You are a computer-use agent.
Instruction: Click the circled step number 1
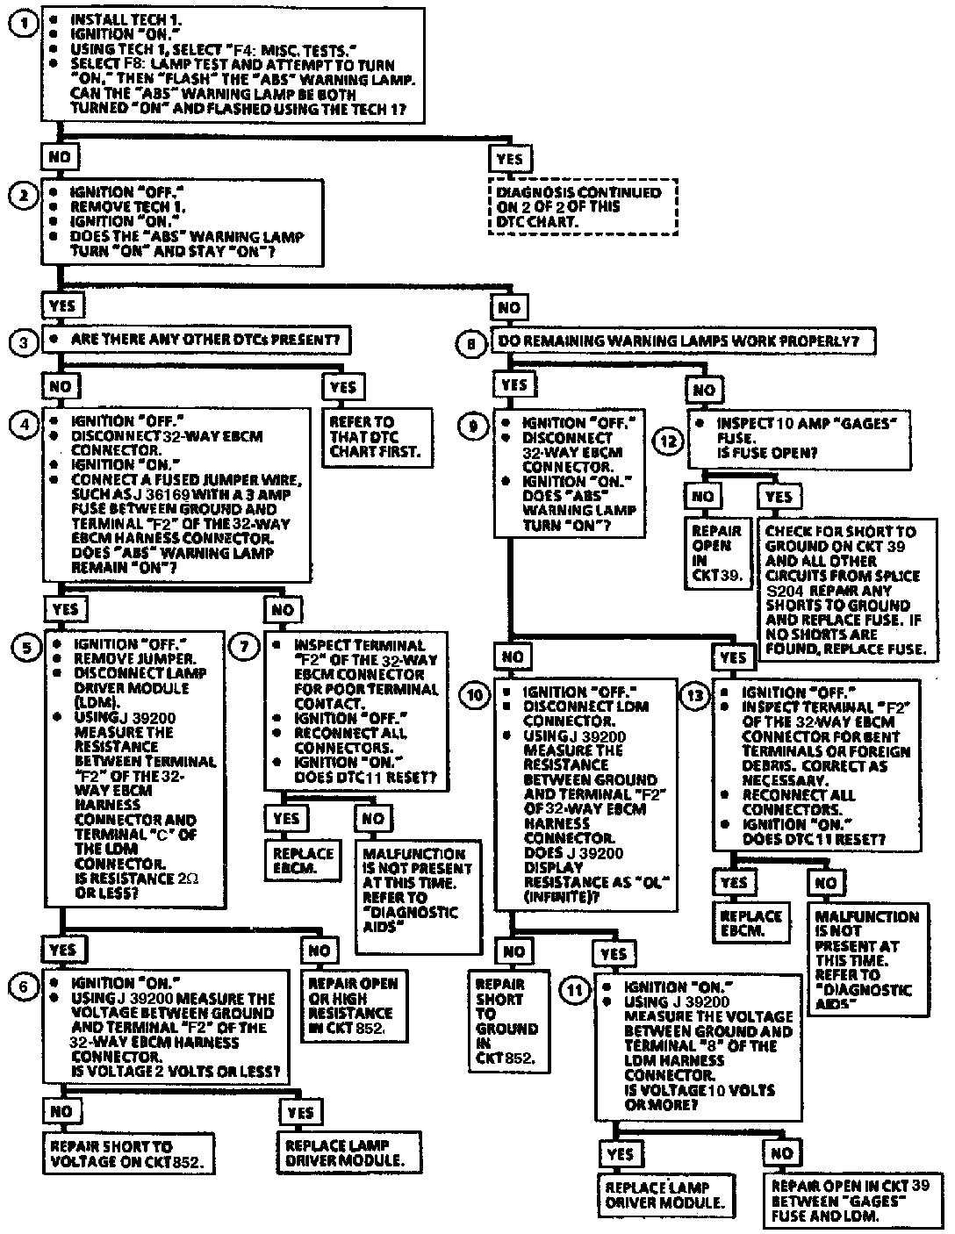[x=24, y=23]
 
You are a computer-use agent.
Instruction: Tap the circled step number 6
[x=24, y=986]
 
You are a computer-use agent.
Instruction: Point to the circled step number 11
[x=574, y=989]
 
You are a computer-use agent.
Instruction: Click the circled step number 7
[x=243, y=647]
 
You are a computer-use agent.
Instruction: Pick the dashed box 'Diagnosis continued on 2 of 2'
[x=583, y=207]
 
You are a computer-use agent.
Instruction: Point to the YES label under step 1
[x=509, y=159]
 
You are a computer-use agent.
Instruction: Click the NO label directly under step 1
[x=60, y=158]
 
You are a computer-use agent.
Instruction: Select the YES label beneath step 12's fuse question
[x=779, y=497]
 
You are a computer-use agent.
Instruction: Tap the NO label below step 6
[x=61, y=1112]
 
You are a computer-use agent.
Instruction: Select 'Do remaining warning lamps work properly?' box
[x=682, y=341]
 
